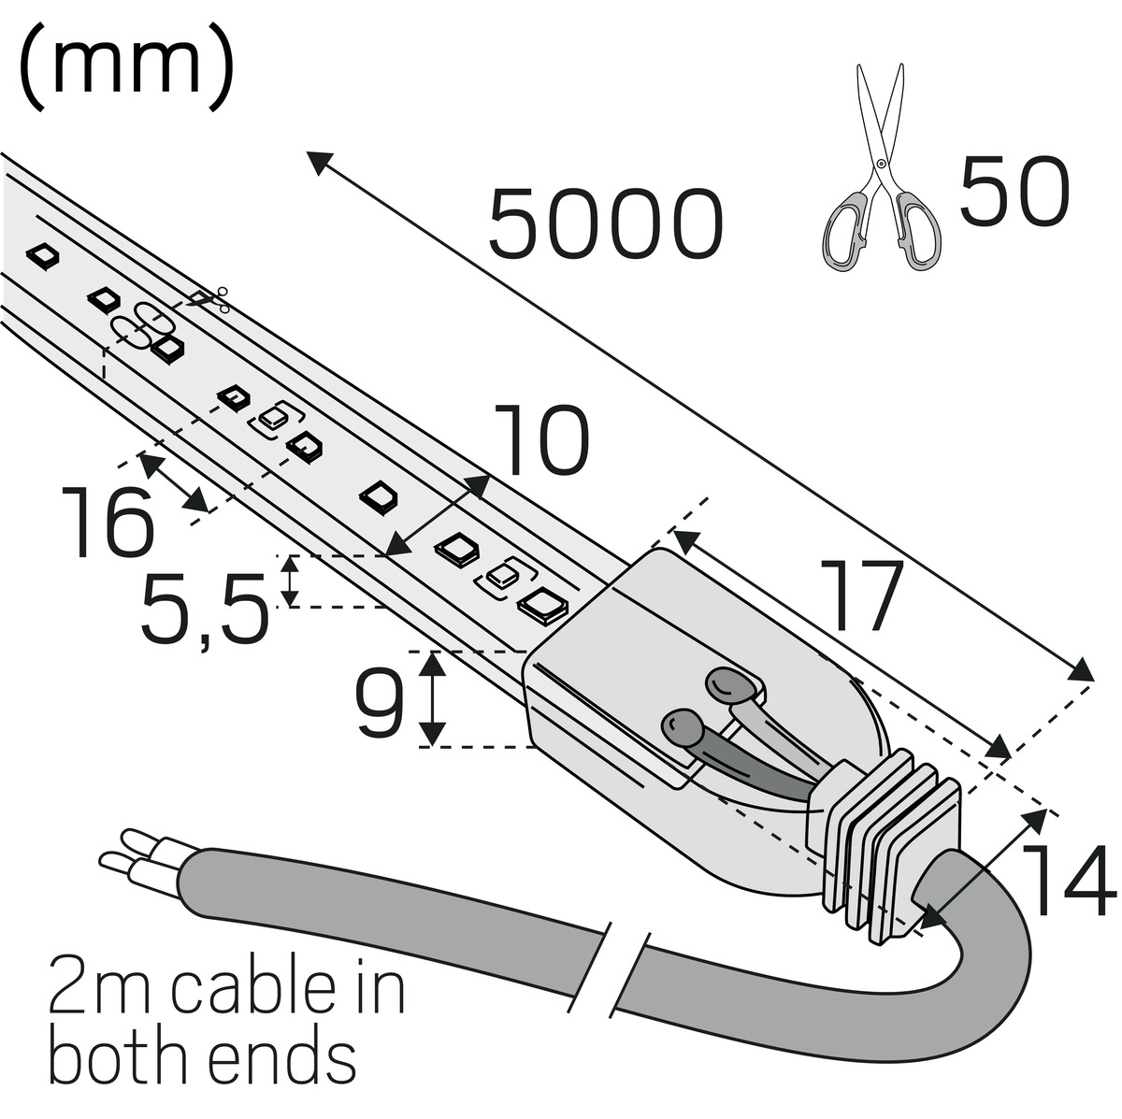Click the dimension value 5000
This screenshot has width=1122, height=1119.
(605, 225)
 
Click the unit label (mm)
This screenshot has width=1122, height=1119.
(124, 69)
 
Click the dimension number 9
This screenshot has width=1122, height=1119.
(379, 705)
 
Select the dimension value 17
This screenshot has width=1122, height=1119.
(866, 596)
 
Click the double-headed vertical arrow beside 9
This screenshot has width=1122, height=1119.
(431, 698)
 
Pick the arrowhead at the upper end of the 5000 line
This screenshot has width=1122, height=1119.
(317, 162)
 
